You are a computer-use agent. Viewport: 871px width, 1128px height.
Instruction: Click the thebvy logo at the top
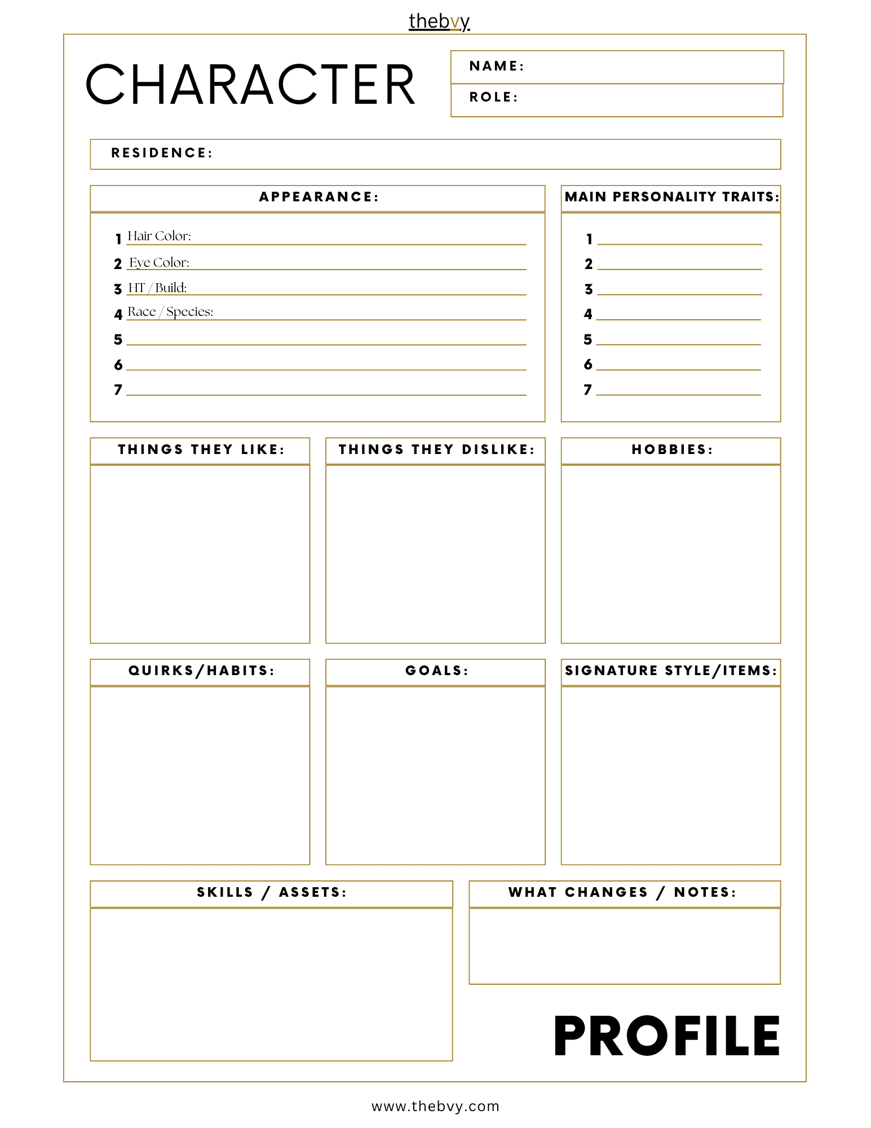pos(439,21)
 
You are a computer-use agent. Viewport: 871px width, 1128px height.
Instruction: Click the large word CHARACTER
pos(250,85)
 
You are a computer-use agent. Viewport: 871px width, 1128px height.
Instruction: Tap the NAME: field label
pos(496,66)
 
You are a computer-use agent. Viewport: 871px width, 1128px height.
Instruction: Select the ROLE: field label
pos(493,97)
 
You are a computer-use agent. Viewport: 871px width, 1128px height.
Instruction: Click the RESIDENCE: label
pos(161,153)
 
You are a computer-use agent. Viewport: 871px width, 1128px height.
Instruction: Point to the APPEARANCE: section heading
pos(319,197)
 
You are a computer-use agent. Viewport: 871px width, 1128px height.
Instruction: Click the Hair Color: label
pos(159,236)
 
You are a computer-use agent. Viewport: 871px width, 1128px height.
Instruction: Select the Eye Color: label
pos(159,262)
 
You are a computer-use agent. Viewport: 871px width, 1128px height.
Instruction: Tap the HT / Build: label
pos(157,288)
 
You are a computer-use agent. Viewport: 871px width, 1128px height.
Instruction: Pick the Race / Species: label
pos(170,312)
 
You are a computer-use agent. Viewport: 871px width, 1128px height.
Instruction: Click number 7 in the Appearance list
pos(118,390)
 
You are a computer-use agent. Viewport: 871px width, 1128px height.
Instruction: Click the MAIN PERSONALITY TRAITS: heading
pos(671,197)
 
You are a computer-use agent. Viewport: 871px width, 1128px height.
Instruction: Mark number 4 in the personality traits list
pos(588,314)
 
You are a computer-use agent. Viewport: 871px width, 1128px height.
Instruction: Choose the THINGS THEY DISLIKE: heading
pos(436,450)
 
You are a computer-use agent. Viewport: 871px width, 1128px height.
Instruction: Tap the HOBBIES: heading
pos(671,450)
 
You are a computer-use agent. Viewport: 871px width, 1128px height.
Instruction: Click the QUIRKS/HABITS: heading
pos(201,671)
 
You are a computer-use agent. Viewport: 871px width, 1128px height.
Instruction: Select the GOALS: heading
pos(436,671)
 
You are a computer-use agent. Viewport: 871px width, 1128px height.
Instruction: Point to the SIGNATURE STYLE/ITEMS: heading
pos(671,671)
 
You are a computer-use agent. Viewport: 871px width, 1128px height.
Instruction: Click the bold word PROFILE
pos(667,1036)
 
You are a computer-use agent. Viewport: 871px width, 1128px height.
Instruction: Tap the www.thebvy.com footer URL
pos(435,1107)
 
